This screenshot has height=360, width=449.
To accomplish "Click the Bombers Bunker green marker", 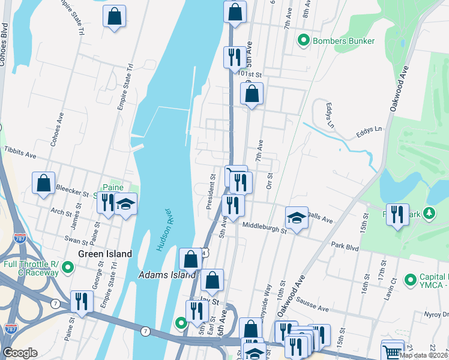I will [x=304, y=41].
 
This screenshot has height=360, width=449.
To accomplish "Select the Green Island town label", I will [x=107, y=254].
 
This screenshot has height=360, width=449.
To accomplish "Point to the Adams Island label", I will [x=159, y=275].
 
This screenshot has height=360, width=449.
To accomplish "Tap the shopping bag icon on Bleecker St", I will [x=44, y=184].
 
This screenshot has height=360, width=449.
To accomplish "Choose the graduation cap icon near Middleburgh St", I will [x=297, y=218].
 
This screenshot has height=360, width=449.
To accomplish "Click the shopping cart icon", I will [x=393, y=350].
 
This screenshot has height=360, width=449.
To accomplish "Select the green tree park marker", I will [x=429, y=213].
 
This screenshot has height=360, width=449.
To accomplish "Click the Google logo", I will [x=20, y=353].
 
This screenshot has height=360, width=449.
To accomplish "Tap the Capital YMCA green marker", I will [x=411, y=280].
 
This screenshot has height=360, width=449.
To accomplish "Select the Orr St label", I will [x=270, y=179].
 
